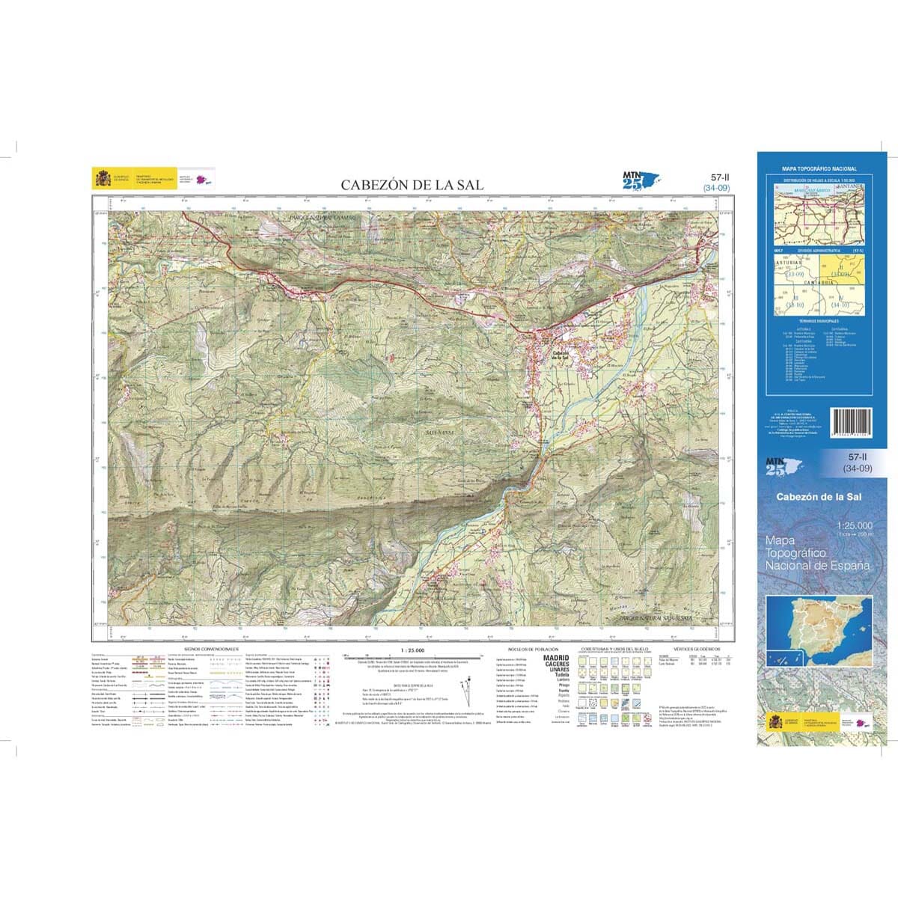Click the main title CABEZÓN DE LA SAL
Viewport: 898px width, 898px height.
412,184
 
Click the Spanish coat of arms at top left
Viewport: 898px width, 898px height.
102,178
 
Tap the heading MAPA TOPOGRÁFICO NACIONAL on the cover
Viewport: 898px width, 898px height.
819,170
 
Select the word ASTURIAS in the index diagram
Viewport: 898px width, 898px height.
788,263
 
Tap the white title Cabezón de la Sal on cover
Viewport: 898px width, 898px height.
819,497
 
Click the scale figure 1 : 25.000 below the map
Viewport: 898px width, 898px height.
412,650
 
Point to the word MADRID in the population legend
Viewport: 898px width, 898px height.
555,658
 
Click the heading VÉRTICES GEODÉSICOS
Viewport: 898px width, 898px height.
696,649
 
